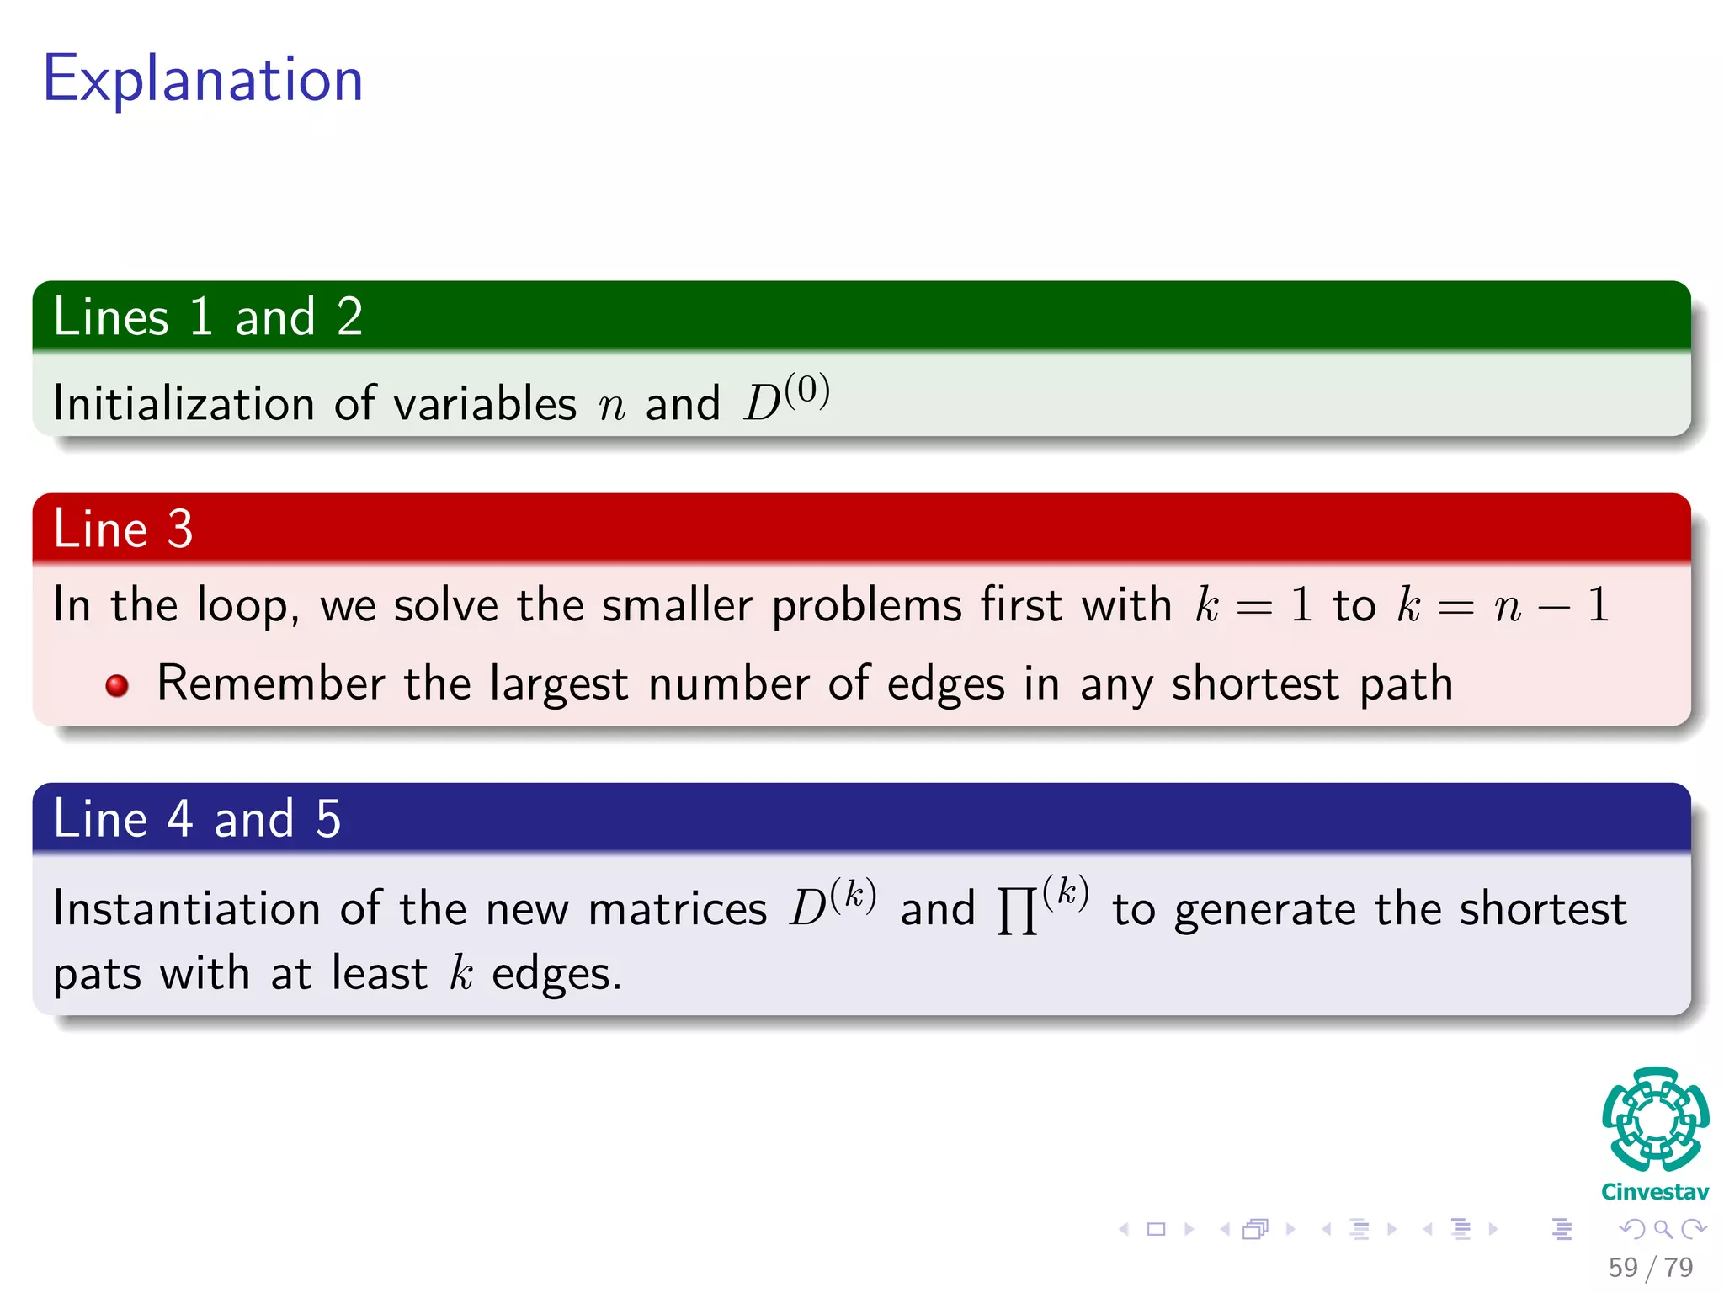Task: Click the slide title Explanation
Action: point(203,79)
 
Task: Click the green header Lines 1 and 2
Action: point(208,317)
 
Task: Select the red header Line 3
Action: point(124,529)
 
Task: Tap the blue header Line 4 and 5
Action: point(197,819)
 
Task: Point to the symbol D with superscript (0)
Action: point(785,399)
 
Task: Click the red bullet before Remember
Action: point(117,686)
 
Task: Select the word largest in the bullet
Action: point(558,684)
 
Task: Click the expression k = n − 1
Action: point(1503,604)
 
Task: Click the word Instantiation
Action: point(186,909)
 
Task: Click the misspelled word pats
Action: point(97,975)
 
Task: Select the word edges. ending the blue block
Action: point(556,975)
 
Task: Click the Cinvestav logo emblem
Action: point(1655,1120)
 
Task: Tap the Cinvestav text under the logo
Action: point(1655,1192)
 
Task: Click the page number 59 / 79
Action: point(1650,1267)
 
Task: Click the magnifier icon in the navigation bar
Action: point(1663,1230)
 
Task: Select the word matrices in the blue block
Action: point(678,909)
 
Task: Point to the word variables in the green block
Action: point(485,403)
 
